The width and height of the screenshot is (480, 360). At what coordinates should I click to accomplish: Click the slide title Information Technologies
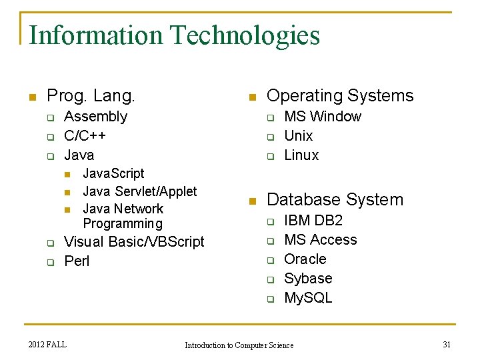[175, 35]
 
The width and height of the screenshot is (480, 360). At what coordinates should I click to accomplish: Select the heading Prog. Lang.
[91, 96]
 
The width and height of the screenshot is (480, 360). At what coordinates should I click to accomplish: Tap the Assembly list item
[95, 117]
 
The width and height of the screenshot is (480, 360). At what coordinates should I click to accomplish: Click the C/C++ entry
[85, 136]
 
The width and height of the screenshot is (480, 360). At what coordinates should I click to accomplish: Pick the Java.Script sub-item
[113, 173]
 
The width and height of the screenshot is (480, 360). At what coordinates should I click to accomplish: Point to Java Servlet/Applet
[139, 191]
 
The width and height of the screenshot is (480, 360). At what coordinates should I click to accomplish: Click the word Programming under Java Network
[123, 223]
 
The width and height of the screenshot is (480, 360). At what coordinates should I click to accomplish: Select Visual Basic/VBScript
[134, 241]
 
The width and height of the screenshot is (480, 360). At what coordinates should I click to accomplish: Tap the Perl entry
[77, 261]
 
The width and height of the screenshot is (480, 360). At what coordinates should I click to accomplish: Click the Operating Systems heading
[340, 96]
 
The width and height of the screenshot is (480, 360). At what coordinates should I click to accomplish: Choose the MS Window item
[323, 117]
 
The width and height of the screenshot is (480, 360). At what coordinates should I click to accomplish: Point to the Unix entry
[298, 136]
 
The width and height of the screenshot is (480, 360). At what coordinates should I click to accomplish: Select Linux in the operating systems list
[301, 155]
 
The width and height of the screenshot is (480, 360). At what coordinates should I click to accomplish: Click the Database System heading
[335, 199]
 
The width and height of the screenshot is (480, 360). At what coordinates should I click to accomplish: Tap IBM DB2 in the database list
[313, 221]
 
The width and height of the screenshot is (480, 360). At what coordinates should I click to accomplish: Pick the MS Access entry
[320, 240]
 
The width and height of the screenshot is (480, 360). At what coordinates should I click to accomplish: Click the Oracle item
[305, 259]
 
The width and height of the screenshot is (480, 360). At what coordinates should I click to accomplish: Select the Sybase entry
[308, 279]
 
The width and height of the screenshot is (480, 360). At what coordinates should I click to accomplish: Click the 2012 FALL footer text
[47, 344]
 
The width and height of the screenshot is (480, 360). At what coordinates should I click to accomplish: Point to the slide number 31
[447, 344]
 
